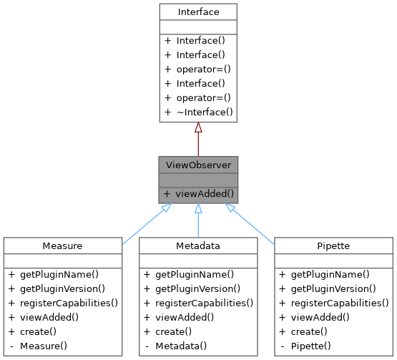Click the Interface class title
click(197, 12)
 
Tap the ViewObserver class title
click(197, 165)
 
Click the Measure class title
click(62, 246)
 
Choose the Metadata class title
click(197, 246)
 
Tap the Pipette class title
click(333, 246)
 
